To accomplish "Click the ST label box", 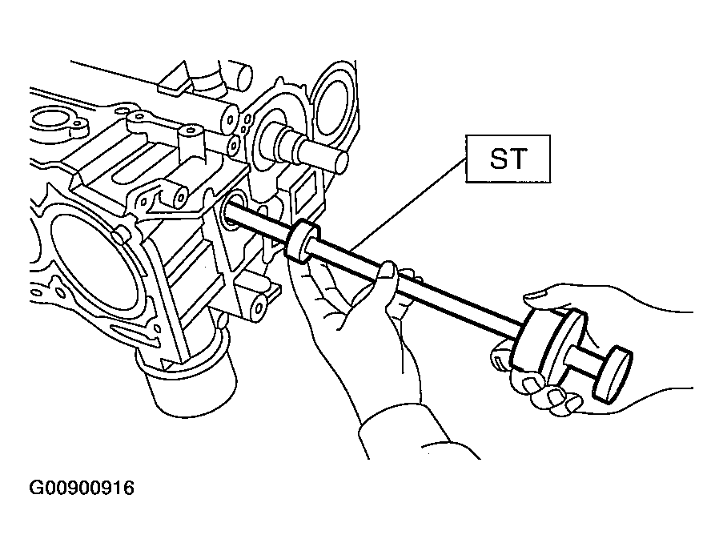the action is click(x=508, y=159).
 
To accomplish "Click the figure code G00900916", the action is click(x=82, y=488).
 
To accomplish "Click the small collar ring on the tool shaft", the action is click(x=303, y=240).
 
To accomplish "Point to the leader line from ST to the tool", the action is click(x=408, y=204).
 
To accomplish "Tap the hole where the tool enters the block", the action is click(x=233, y=211).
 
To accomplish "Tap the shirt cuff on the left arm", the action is click(x=415, y=433).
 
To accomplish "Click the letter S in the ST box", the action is click(x=499, y=159).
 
